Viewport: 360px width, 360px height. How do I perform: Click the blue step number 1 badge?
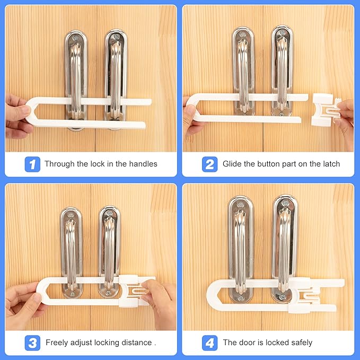32,164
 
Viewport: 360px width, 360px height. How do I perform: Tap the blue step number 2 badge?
210,164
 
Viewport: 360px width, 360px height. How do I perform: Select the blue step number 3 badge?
32,343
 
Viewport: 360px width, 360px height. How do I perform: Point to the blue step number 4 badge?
210,343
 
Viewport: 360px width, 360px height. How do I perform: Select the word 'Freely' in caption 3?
57,343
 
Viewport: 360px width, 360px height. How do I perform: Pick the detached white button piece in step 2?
324,110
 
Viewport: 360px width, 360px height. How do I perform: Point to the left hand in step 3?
24,299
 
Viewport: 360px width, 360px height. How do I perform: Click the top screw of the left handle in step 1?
77,37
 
